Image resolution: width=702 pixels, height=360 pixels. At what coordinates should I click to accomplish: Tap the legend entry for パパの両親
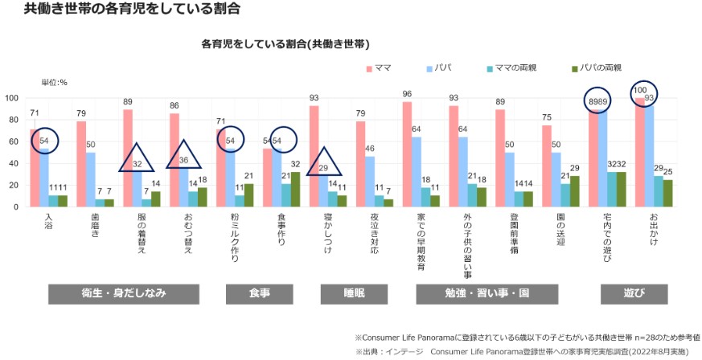click(599, 68)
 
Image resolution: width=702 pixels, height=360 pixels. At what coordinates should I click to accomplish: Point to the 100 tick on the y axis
click(12, 98)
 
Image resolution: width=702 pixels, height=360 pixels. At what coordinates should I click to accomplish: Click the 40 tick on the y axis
click(14, 163)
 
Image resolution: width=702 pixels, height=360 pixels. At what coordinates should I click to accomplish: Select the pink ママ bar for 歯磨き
click(81, 164)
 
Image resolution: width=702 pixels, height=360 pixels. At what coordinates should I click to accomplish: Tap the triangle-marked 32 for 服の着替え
click(138, 164)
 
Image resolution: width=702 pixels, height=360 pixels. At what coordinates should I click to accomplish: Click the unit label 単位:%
click(54, 82)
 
